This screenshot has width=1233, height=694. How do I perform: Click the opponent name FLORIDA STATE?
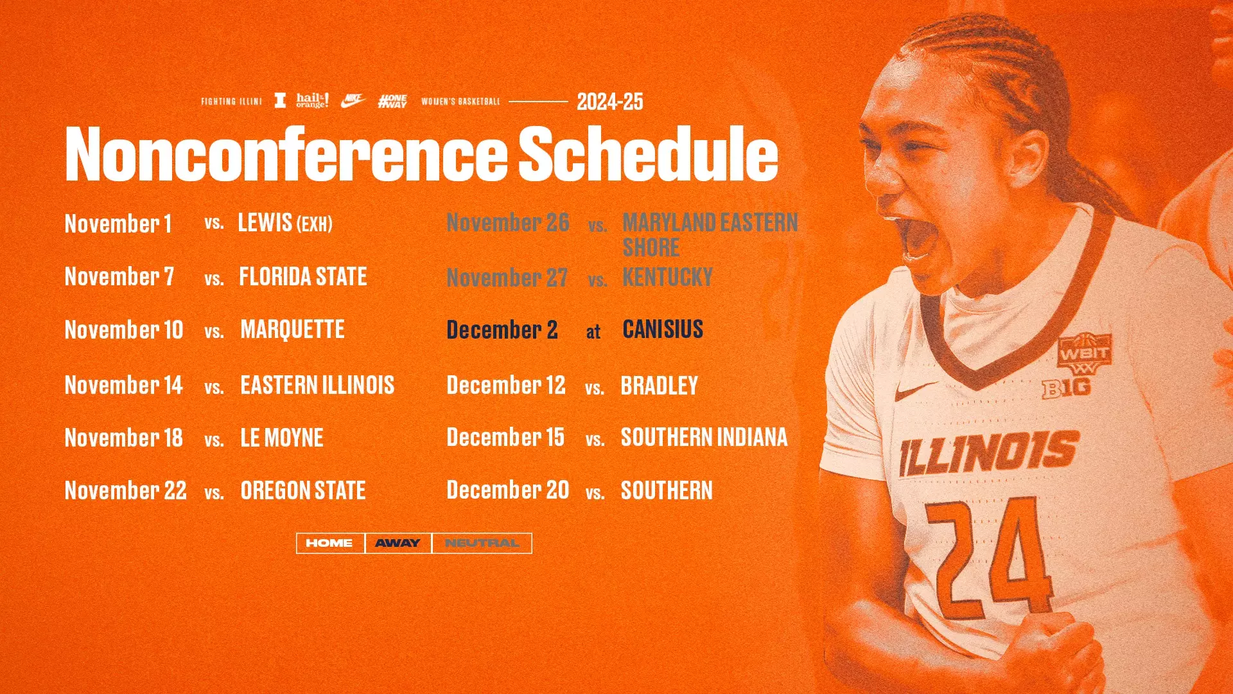coord(302,277)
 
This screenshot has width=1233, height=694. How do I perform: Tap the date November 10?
coord(124,330)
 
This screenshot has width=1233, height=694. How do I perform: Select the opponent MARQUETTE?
coord(292,330)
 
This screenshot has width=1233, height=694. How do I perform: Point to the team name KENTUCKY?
coord(667,278)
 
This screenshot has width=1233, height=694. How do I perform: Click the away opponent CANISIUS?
coord(663,330)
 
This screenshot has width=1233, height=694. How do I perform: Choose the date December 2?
coord(502,330)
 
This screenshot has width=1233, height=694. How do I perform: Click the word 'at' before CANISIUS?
coord(593,332)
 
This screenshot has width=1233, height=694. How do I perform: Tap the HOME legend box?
coord(329,543)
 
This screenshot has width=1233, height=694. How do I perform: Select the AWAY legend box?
coord(398,543)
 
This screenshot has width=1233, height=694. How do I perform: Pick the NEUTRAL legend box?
coord(482,543)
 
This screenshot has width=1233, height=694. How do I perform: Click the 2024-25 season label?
coord(609,102)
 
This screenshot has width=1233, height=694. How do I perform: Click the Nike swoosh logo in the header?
coord(353,100)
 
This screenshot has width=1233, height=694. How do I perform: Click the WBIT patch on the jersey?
coord(1085,354)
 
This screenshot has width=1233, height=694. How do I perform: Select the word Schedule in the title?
coord(648,154)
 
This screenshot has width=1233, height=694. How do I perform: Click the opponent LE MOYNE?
coord(282,438)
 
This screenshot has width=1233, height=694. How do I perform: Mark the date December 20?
coord(507,490)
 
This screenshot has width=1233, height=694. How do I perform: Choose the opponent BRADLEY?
coord(659,386)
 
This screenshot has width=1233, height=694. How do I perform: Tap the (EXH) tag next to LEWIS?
coord(315,224)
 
